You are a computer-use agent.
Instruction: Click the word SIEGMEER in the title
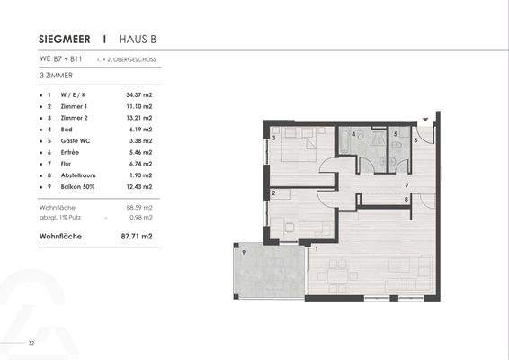67,40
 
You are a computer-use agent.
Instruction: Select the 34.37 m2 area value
139,94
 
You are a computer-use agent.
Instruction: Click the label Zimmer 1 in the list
74,106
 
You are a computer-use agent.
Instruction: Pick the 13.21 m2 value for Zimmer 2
139,118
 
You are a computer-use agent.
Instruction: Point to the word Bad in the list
66,130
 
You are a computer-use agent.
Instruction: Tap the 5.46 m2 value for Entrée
139,153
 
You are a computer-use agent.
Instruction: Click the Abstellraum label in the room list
78,176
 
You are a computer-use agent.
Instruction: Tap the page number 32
31,343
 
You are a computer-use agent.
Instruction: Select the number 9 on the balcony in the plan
244,254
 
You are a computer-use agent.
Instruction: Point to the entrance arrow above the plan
425,117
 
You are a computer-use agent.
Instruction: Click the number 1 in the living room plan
316,249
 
